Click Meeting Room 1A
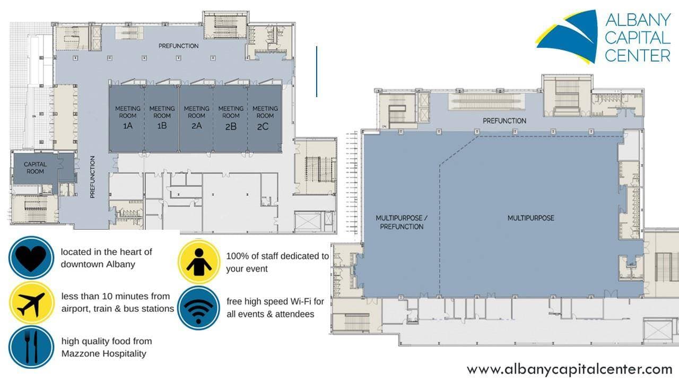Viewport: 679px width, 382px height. click(127, 118)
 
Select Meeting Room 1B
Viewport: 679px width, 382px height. click(162, 118)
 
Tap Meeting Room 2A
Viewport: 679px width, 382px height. click(196, 118)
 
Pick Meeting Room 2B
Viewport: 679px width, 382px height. click(231, 118)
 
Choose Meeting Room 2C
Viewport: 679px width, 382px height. click(265, 118)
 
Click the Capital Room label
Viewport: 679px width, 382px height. click(35, 168)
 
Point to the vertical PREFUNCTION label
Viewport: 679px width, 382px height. click(92, 177)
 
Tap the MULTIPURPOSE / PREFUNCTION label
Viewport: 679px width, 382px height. click(402, 222)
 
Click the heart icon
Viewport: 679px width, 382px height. click(31, 258)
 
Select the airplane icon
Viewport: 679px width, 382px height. click(31, 303)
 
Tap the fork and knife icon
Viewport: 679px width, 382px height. click(31, 347)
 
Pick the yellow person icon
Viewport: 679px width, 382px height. click(199, 262)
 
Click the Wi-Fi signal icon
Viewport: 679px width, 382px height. click(198, 308)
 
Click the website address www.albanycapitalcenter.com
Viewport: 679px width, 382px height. click(570, 370)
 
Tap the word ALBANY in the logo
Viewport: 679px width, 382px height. click(638, 20)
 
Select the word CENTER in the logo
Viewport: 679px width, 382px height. click(638, 56)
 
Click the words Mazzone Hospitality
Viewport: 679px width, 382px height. click(104, 353)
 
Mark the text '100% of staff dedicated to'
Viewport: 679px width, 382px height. click(277, 256)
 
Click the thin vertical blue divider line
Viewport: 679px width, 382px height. click(317, 72)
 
